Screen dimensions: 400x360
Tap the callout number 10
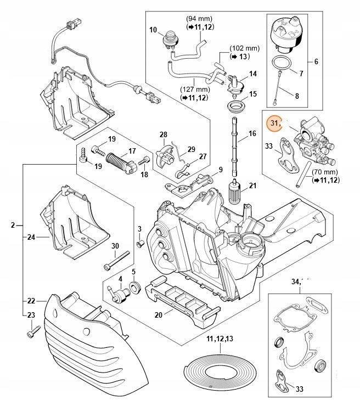pyautogui.click(x=153, y=29)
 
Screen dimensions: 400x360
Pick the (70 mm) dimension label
pyautogui.click(x=323, y=171)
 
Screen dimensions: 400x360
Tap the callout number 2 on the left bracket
pyautogui.click(x=13, y=225)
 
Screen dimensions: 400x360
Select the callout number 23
pyautogui.click(x=31, y=314)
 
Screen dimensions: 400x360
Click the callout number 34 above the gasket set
pyautogui.click(x=296, y=281)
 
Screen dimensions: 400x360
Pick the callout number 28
pyautogui.click(x=163, y=135)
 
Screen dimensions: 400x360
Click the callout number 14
pyautogui.click(x=252, y=74)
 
